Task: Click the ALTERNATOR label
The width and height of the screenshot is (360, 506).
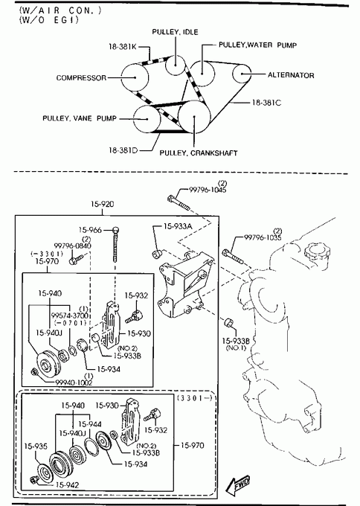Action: click(x=291, y=75)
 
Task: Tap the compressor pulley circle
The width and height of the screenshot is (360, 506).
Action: click(x=135, y=77)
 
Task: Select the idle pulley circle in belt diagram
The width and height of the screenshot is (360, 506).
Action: click(x=175, y=65)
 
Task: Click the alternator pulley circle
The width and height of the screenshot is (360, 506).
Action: click(x=242, y=74)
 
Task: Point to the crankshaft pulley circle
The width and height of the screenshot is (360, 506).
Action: click(x=194, y=117)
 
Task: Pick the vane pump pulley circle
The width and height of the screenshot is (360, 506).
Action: click(x=147, y=119)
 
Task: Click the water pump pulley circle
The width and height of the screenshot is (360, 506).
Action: click(x=202, y=74)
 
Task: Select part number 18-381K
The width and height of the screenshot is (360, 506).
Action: click(x=123, y=47)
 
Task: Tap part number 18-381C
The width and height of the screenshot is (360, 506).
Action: click(x=266, y=103)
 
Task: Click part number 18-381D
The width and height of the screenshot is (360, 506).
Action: click(x=123, y=150)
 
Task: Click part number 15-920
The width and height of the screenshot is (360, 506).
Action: click(x=102, y=204)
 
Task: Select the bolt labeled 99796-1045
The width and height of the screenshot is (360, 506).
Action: click(x=179, y=202)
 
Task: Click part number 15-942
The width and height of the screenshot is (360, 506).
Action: click(x=68, y=485)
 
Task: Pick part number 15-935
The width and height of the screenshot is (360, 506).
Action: click(x=36, y=446)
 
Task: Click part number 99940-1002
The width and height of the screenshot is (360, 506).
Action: click(x=74, y=382)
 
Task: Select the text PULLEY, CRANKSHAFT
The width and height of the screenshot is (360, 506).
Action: click(x=199, y=153)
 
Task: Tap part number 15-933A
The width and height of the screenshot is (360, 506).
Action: click(x=178, y=226)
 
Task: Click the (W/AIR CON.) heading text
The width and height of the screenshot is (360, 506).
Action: click(x=60, y=10)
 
